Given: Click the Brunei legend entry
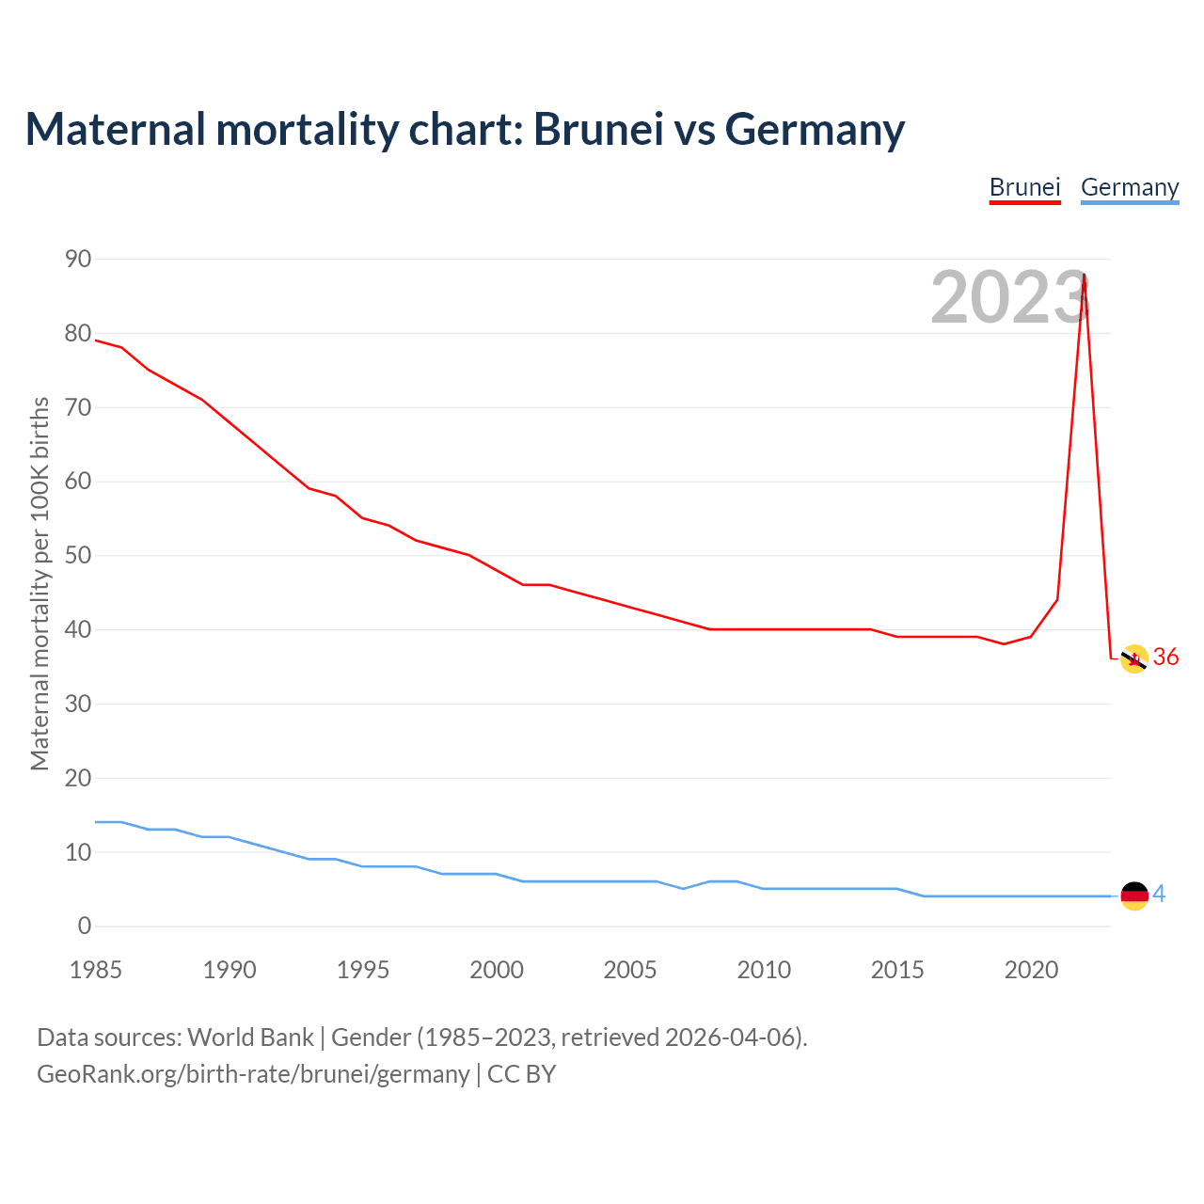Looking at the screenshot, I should pos(1024,187).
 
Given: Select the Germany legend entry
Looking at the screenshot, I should pos(1129,187).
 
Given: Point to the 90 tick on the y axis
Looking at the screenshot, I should pos(78,259).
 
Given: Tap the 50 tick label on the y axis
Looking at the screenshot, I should pos(78,555).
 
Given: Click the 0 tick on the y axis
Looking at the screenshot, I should pos(85,926).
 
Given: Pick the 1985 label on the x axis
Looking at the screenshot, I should pos(96,970).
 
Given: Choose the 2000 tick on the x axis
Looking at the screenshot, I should pos(497,970).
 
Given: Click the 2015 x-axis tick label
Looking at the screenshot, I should pos(897,970).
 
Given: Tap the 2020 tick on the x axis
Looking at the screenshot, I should pos(1031,970).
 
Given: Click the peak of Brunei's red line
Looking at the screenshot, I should pos(1085,276).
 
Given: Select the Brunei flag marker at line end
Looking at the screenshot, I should pos(1134,659).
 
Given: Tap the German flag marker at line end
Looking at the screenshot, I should pos(1134,895).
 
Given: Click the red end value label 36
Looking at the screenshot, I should pos(1165,657).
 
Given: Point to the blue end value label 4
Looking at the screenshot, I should pos(1159,894).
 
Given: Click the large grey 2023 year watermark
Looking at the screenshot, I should pos(1009,297).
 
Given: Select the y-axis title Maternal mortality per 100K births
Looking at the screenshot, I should pos(40,583).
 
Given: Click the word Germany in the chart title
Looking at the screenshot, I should pos(815,129).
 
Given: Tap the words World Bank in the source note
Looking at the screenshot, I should pos(250,1037).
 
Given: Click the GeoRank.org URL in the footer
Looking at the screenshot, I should pos(253,1073).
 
